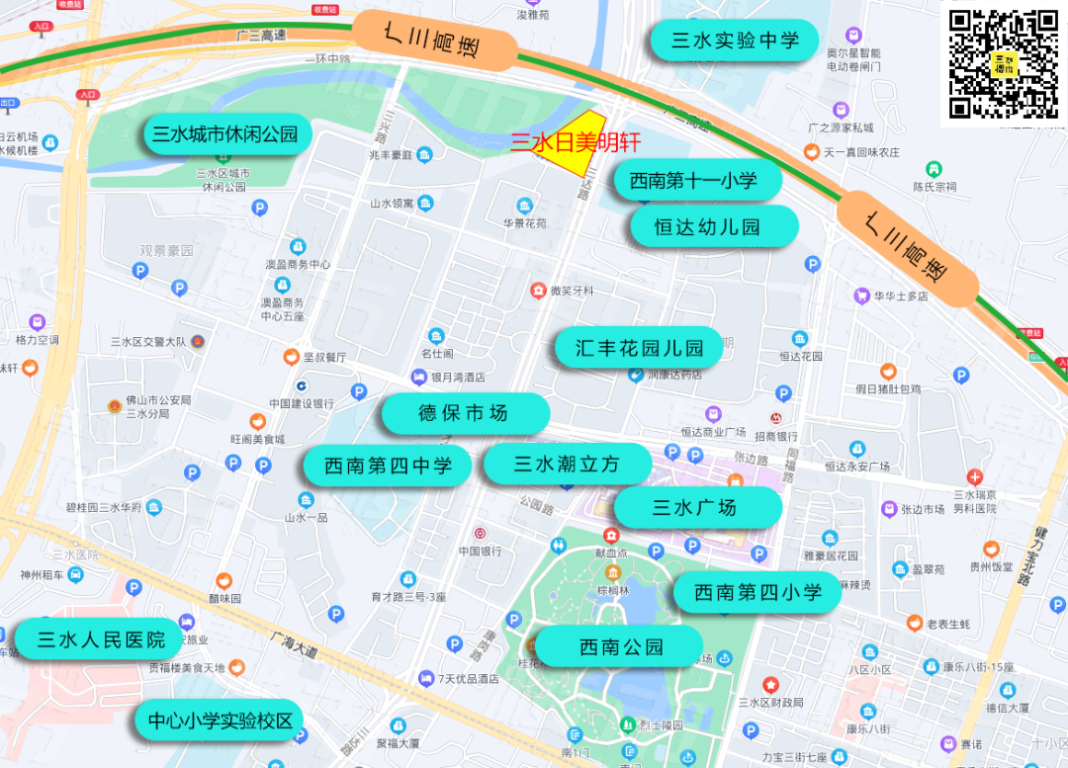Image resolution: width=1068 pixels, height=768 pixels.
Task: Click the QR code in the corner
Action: point(1004,64)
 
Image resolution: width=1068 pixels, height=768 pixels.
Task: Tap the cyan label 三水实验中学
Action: point(735,41)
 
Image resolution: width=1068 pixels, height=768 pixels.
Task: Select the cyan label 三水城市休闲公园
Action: point(225,134)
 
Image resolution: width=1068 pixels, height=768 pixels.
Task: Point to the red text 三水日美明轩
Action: point(575,142)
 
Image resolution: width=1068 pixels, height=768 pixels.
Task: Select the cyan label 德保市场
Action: point(464,413)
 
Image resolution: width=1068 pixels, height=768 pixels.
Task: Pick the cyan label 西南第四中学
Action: point(388,466)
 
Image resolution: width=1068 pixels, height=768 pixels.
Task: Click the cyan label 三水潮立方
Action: point(567,464)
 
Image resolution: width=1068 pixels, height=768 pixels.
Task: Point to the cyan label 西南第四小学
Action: point(757,592)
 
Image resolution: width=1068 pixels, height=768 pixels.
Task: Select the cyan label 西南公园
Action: point(621,647)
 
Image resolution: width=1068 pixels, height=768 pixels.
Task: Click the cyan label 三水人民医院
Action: point(101,640)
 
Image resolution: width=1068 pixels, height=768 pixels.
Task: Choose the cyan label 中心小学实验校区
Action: point(220,721)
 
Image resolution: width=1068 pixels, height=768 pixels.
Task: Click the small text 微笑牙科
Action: point(572,291)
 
